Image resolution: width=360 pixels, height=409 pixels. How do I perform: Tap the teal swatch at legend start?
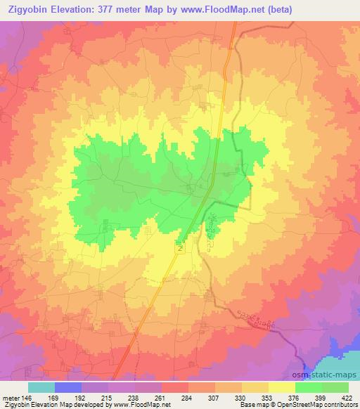tap(41, 387)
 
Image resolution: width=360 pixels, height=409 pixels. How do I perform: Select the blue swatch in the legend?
tap(67, 387)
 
